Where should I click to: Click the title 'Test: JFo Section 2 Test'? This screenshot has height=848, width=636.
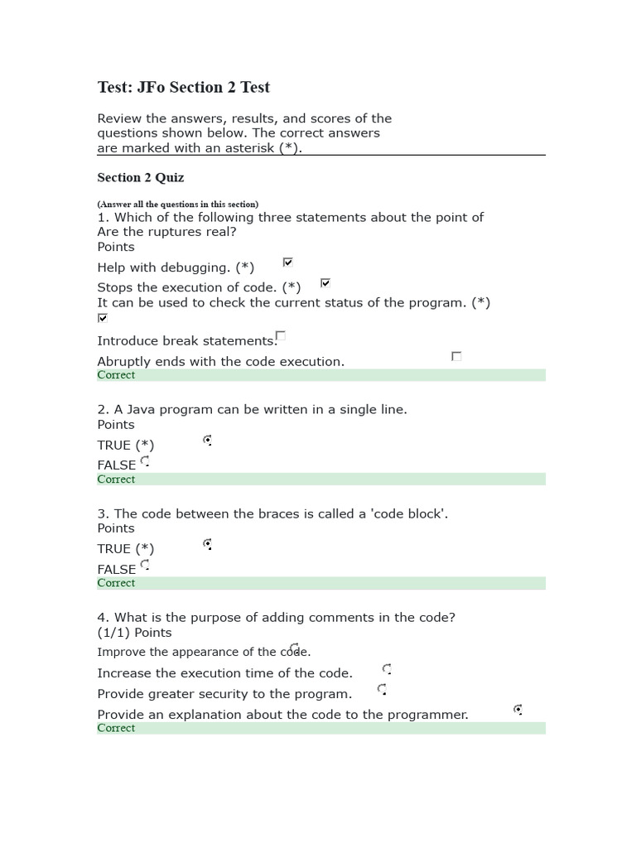click(184, 88)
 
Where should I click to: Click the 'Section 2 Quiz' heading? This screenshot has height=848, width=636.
click(141, 177)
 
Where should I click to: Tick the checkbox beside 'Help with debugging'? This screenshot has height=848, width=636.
click(288, 263)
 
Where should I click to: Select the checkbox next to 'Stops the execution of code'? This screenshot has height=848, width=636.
click(325, 283)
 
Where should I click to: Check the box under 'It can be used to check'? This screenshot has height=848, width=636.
click(103, 318)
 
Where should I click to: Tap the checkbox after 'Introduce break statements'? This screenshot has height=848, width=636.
click(281, 335)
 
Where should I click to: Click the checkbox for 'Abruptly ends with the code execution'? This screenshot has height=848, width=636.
click(456, 356)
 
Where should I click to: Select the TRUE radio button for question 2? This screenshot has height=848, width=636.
click(207, 440)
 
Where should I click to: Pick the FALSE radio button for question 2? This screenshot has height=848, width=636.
click(145, 460)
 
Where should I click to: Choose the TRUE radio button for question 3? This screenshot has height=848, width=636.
click(207, 544)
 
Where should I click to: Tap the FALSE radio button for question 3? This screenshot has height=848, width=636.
click(145, 565)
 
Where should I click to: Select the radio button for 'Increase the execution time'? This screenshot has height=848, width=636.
click(387, 668)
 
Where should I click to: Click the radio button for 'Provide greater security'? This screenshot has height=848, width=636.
click(382, 689)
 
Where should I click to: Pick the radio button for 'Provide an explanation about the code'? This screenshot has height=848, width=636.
click(518, 710)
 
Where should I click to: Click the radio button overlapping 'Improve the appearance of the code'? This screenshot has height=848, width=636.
click(295, 648)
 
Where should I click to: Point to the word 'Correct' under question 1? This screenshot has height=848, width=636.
click(116, 375)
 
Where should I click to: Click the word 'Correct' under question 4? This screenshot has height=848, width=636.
click(116, 728)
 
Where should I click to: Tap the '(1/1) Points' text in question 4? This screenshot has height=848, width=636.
click(135, 633)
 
